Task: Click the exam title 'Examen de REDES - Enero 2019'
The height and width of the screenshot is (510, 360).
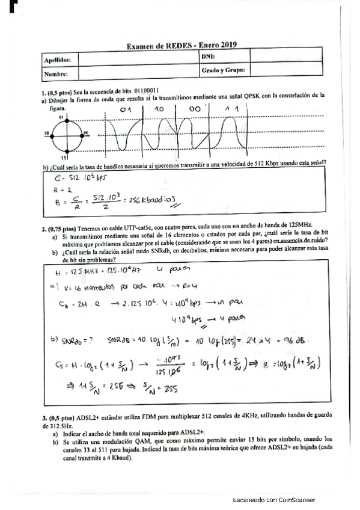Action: click(182, 45)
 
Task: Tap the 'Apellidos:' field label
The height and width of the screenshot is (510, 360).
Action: click(57, 60)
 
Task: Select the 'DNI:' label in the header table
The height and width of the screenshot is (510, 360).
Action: click(208, 56)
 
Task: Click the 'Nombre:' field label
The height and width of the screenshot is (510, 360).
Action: click(55, 75)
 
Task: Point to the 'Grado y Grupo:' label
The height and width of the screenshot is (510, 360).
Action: click(222, 70)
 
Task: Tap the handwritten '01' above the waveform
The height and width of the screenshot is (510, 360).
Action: click(125, 110)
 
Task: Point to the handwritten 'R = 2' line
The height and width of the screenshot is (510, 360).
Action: click(61, 189)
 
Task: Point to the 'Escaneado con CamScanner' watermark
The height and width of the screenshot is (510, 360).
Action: click(273, 500)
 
